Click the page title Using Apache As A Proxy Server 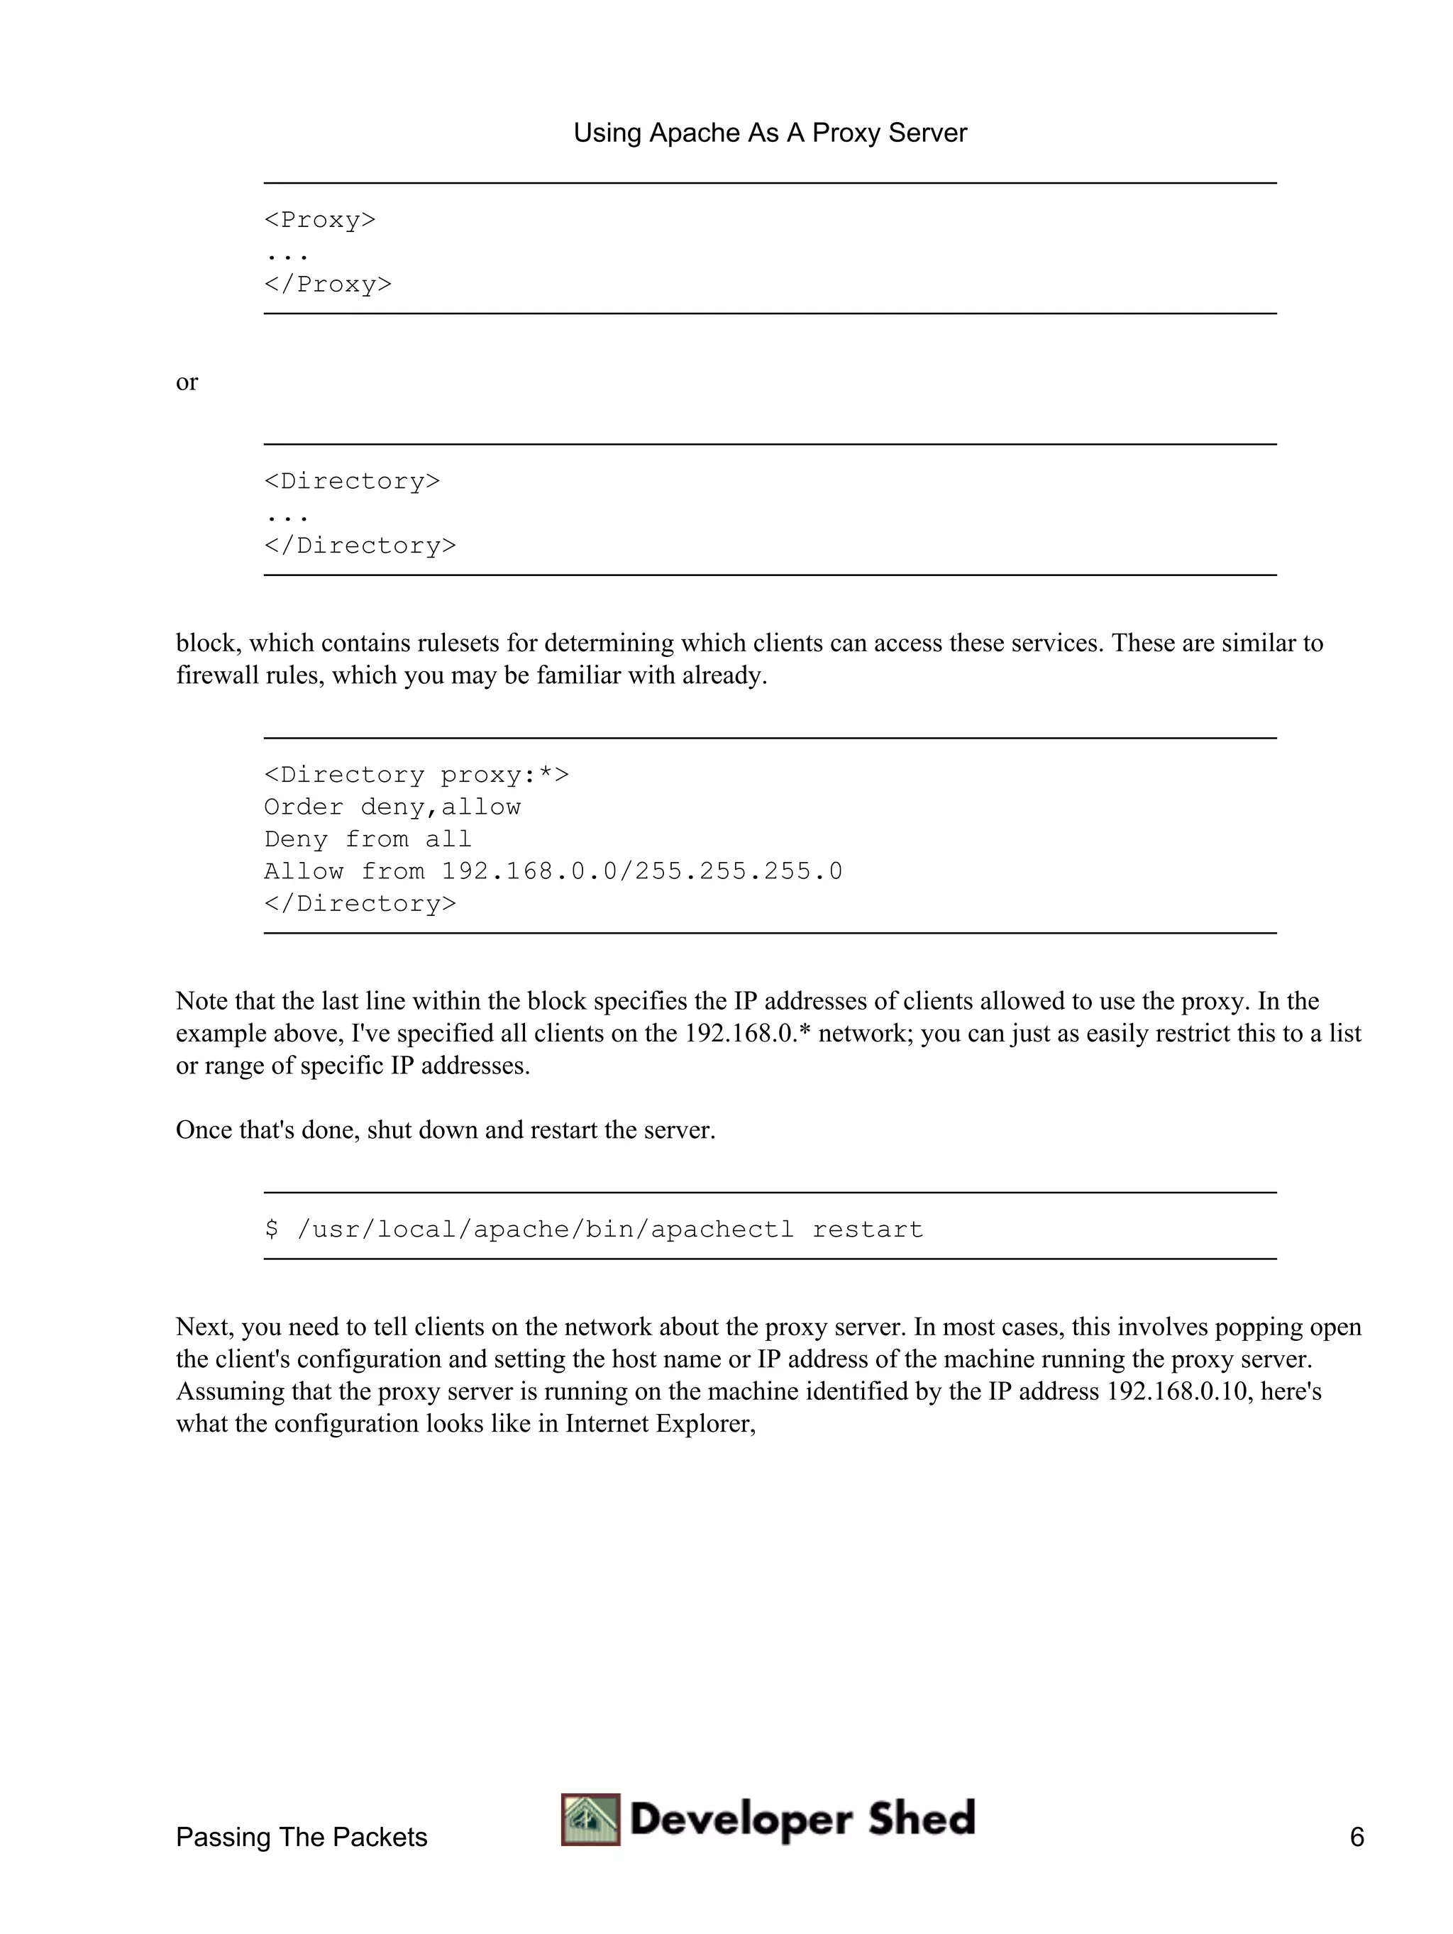click(x=769, y=133)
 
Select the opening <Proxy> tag click(x=320, y=219)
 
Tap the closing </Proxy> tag click(x=328, y=284)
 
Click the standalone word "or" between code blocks click(x=187, y=382)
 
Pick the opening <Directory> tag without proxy click(x=353, y=481)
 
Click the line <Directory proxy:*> click(x=416, y=775)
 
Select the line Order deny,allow click(x=392, y=807)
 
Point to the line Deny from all click(x=368, y=839)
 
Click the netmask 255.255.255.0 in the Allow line click(x=739, y=872)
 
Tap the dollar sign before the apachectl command click(x=272, y=1230)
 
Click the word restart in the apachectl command click(x=867, y=1230)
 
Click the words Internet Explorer click(x=659, y=1423)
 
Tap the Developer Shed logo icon click(x=591, y=1820)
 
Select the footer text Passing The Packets click(x=302, y=1837)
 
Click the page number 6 click(x=1356, y=1837)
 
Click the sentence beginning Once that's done click(x=446, y=1129)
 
